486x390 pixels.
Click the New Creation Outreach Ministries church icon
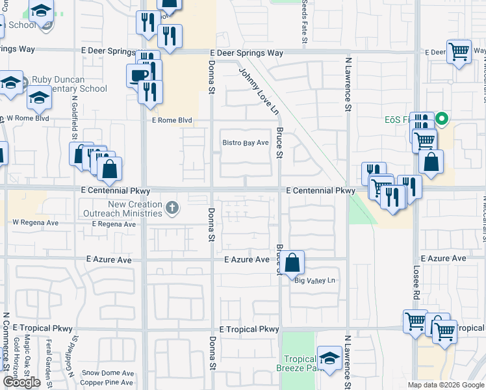pos(172,207)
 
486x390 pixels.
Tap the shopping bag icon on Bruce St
pos(294,263)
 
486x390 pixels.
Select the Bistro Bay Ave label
pos(246,142)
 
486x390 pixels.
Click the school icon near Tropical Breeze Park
pos(329,358)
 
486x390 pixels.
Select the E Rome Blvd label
pos(172,120)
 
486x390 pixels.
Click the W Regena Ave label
pos(36,222)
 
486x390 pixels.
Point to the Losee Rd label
pos(418,279)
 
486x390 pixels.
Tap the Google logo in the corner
pos(21,382)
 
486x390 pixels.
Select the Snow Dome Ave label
pos(108,373)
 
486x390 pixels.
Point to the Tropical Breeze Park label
pos(300,364)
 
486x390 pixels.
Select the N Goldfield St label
pos(75,120)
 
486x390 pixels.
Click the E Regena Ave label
pos(114,224)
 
